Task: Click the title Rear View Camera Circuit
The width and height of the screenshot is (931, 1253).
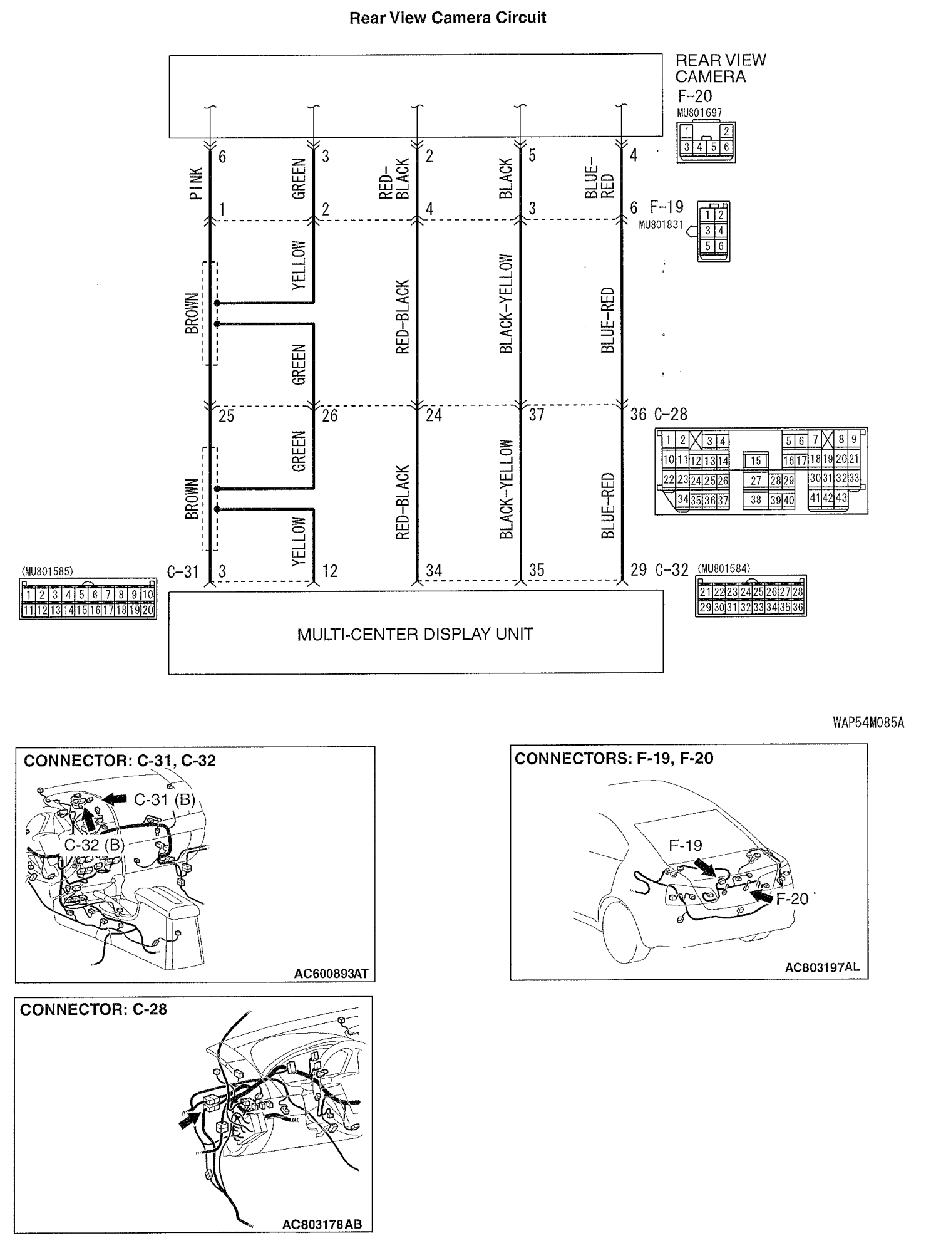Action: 447,18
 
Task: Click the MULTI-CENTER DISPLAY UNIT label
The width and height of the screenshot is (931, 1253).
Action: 414,634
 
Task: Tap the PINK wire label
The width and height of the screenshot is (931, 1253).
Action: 196,184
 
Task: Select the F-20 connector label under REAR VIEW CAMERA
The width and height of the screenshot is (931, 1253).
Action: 695,96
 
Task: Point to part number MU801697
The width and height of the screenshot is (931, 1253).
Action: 699,113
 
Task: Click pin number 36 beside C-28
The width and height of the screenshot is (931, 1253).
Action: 638,415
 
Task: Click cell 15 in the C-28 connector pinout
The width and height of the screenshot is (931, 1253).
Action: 756,460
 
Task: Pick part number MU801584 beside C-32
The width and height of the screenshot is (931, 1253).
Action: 724,569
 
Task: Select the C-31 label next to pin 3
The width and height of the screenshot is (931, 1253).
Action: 183,571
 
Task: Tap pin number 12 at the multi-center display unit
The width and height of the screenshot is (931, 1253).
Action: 329,571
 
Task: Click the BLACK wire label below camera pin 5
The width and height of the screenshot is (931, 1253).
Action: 506,179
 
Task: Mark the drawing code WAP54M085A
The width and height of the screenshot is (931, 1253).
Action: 868,723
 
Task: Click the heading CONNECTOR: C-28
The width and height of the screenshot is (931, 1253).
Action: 93,1009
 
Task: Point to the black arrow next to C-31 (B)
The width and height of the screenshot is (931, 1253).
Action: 114,798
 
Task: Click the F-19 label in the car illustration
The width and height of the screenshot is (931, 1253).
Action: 685,845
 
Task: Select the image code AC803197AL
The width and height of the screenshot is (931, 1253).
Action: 822,967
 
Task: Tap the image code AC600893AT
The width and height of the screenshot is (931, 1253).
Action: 331,974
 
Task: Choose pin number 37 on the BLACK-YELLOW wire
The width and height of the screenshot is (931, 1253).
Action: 537,415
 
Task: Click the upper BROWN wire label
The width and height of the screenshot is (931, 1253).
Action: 192,313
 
